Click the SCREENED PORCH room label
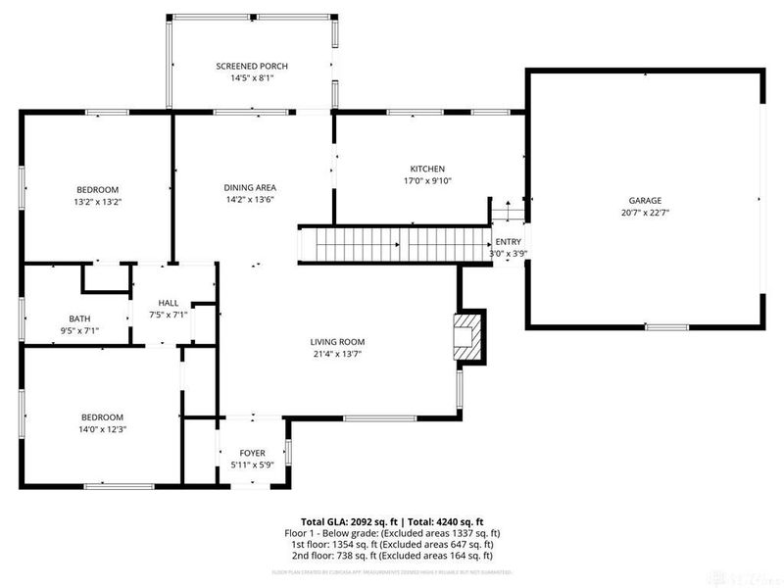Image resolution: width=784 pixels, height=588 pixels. pyautogui.click(x=252, y=66)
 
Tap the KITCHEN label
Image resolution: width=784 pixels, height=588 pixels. pyautogui.click(x=427, y=169)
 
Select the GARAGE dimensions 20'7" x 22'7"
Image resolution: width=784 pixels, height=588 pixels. pyautogui.click(x=645, y=212)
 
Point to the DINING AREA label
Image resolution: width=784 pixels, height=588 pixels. pyautogui.click(x=250, y=187)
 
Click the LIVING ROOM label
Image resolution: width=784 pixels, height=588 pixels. pyautogui.click(x=338, y=342)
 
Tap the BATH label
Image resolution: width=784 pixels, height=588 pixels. pyautogui.click(x=79, y=318)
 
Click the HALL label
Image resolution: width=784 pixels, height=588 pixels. pyautogui.click(x=169, y=303)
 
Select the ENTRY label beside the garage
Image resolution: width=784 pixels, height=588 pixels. pyautogui.click(x=509, y=242)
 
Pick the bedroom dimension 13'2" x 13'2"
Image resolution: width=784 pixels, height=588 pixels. pyautogui.click(x=98, y=202)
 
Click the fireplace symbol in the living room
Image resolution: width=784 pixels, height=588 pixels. pyautogui.click(x=468, y=336)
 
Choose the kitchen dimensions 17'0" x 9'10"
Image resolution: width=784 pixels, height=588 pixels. pyautogui.click(x=427, y=180)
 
